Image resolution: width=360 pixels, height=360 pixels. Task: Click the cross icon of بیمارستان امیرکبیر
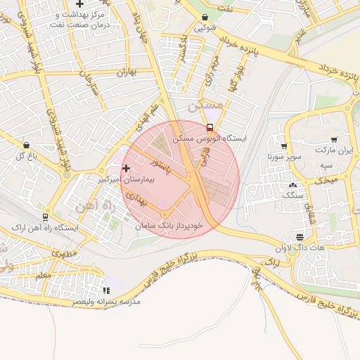(x=127, y=168)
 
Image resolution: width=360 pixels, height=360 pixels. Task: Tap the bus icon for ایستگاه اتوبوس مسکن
(x=210, y=127)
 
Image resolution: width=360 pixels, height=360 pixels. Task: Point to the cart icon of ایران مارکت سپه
(x=333, y=140)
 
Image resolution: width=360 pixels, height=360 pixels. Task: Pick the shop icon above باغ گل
(x=26, y=145)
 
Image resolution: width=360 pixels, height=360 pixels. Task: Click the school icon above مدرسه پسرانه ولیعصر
(x=106, y=290)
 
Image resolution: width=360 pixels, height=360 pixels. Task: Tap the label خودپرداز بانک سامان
(x=168, y=225)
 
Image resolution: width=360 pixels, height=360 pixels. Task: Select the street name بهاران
(x=124, y=72)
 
